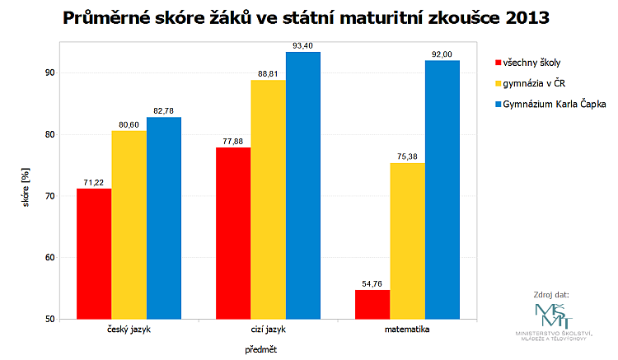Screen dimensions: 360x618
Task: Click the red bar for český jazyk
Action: (94, 254)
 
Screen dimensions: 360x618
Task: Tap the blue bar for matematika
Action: (442, 189)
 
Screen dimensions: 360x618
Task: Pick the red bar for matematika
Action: (372, 304)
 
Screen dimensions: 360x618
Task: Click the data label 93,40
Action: (302, 45)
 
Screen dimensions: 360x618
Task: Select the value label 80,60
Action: (129, 124)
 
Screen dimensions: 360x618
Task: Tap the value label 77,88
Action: (233, 141)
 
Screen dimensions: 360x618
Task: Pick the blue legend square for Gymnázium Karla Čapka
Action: (498, 105)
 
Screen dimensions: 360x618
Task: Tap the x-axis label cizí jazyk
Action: (268, 330)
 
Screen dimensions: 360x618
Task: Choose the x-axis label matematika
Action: (407, 330)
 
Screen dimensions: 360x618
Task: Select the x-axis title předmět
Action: (260, 349)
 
